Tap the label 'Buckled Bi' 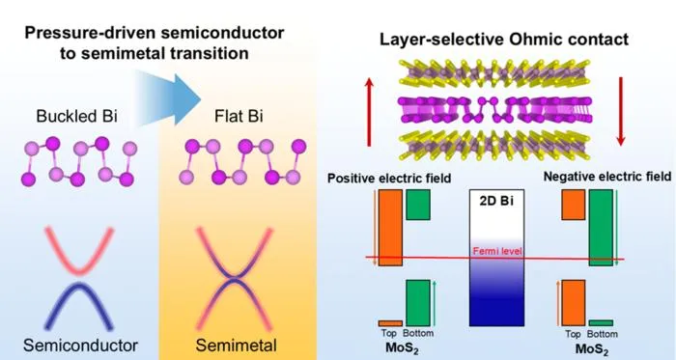pos(76,116)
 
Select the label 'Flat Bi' pos(239,116)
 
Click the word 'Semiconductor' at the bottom pos(80,346)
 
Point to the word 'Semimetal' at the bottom pos(237,346)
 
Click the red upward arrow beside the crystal pos(369,112)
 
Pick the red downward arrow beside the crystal pos(621,112)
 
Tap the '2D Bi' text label pos(496,201)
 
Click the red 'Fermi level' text pos(497,251)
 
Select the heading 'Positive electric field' pos(389,179)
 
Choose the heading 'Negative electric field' pos(607,177)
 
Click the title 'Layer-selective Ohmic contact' pos(504,40)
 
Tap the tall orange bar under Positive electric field pos(390,228)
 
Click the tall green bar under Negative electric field pos(601,228)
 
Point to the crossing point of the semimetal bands pos(234,279)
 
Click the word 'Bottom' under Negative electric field pos(603,334)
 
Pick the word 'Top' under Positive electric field pos(389,333)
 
